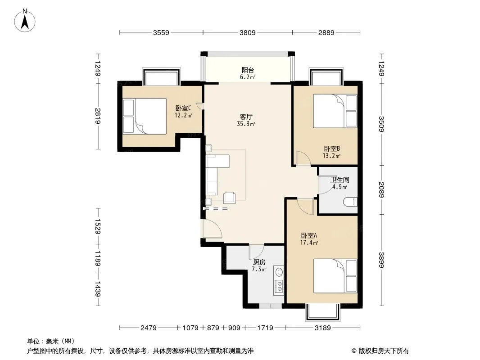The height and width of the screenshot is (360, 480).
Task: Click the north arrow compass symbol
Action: [25, 20]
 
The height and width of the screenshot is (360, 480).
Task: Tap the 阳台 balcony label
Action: [248, 70]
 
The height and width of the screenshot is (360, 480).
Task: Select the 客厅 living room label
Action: [246, 117]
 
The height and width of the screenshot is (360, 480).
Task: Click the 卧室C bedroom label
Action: [183, 108]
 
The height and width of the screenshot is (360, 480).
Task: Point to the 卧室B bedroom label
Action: [332, 149]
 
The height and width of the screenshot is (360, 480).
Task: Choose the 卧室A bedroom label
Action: [309, 235]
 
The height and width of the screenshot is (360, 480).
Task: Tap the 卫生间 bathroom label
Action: [340, 180]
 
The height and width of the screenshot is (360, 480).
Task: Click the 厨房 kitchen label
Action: [259, 262]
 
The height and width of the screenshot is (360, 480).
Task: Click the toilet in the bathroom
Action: [350, 202]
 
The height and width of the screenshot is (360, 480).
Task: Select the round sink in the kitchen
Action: [279, 271]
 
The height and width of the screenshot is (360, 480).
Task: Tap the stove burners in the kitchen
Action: [279, 287]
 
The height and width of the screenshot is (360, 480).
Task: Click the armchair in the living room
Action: [229, 197]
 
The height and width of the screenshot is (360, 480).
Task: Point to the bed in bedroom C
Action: [145, 116]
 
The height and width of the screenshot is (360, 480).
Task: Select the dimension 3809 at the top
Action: [247, 32]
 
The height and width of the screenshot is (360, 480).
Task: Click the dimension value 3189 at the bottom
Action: [323, 328]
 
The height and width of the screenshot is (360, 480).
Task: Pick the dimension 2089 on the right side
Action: [381, 189]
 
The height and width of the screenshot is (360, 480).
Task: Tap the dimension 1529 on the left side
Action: [98, 226]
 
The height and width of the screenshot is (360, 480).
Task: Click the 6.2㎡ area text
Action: [248, 77]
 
